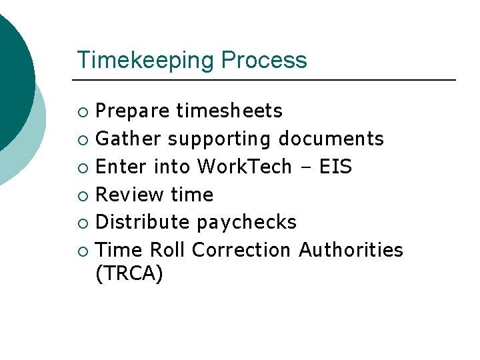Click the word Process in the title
tap(264, 60)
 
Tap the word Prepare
tap(133, 111)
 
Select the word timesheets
tap(229, 111)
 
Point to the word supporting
tap(219, 139)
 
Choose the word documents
tap(331, 139)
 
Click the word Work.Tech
tap(245, 166)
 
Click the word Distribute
tap(143, 222)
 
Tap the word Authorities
tap(351, 250)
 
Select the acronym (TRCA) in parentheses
tap(129, 274)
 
